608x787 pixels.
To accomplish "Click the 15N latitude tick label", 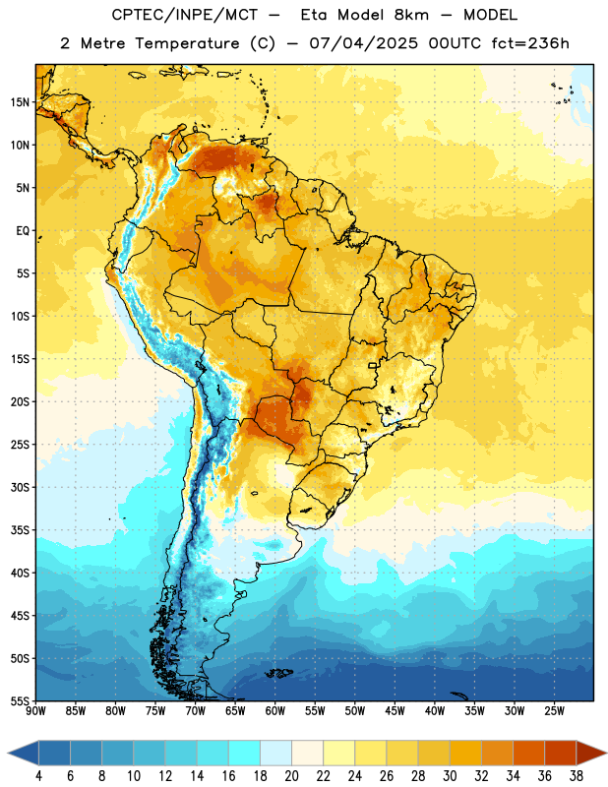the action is [x=20, y=102].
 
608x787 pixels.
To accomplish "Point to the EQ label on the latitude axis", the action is [x=23, y=231].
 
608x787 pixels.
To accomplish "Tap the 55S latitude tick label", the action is [x=20, y=701].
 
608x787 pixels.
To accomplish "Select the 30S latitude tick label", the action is [x=20, y=487].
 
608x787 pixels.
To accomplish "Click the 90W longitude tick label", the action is [x=35, y=711].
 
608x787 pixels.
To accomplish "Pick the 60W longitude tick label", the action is [x=275, y=711].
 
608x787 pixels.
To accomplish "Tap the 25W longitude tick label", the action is [x=554, y=711].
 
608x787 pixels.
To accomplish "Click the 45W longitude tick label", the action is [x=395, y=711].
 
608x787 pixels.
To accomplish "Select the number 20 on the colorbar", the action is [x=291, y=776].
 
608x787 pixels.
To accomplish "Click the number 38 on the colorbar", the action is [x=576, y=776].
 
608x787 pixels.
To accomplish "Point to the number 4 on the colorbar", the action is [x=38, y=776].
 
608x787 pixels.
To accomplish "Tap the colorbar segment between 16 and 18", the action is [x=245, y=754].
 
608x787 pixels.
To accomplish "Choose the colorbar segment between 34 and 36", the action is [x=528, y=754].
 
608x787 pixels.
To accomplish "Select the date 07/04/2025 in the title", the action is [x=363, y=43].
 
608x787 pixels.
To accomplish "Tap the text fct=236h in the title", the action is [x=530, y=43].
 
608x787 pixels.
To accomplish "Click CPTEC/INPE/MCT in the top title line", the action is [x=185, y=15].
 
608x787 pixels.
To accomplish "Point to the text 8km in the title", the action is [x=411, y=15].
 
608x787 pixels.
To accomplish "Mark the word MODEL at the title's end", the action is [x=491, y=15].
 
